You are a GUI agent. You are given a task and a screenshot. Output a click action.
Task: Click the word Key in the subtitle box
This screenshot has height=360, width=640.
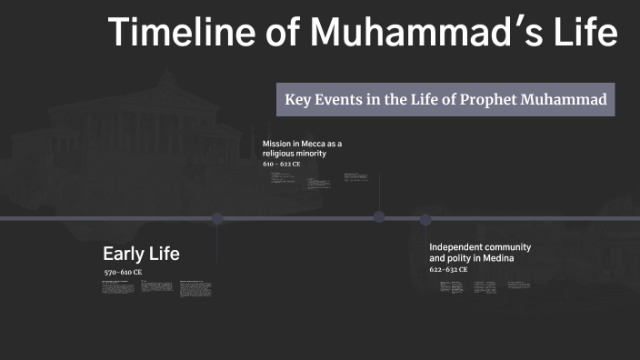(x=300, y=100)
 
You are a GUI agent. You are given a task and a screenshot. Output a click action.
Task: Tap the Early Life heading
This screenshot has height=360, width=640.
(x=141, y=254)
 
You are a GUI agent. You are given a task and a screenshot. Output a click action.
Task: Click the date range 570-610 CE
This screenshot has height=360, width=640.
(x=123, y=273)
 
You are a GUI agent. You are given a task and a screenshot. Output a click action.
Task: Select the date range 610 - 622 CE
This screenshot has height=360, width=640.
(x=280, y=165)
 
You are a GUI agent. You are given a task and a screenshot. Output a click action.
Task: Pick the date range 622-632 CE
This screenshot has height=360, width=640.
(x=448, y=270)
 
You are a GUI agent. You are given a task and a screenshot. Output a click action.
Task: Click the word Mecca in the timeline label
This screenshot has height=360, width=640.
(x=309, y=144)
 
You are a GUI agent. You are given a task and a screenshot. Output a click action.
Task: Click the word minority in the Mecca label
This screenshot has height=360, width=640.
(x=309, y=154)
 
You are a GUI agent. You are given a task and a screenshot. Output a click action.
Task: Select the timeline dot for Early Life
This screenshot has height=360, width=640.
(x=216, y=218)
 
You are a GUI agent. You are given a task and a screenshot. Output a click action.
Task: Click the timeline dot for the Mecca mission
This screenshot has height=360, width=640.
(x=379, y=216)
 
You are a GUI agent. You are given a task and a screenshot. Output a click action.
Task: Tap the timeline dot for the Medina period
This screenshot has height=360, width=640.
(x=425, y=218)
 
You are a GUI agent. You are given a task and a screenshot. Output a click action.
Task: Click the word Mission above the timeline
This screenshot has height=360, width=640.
(x=277, y=144)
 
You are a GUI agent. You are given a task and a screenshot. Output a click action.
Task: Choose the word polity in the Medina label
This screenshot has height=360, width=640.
(x=462, y=258)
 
